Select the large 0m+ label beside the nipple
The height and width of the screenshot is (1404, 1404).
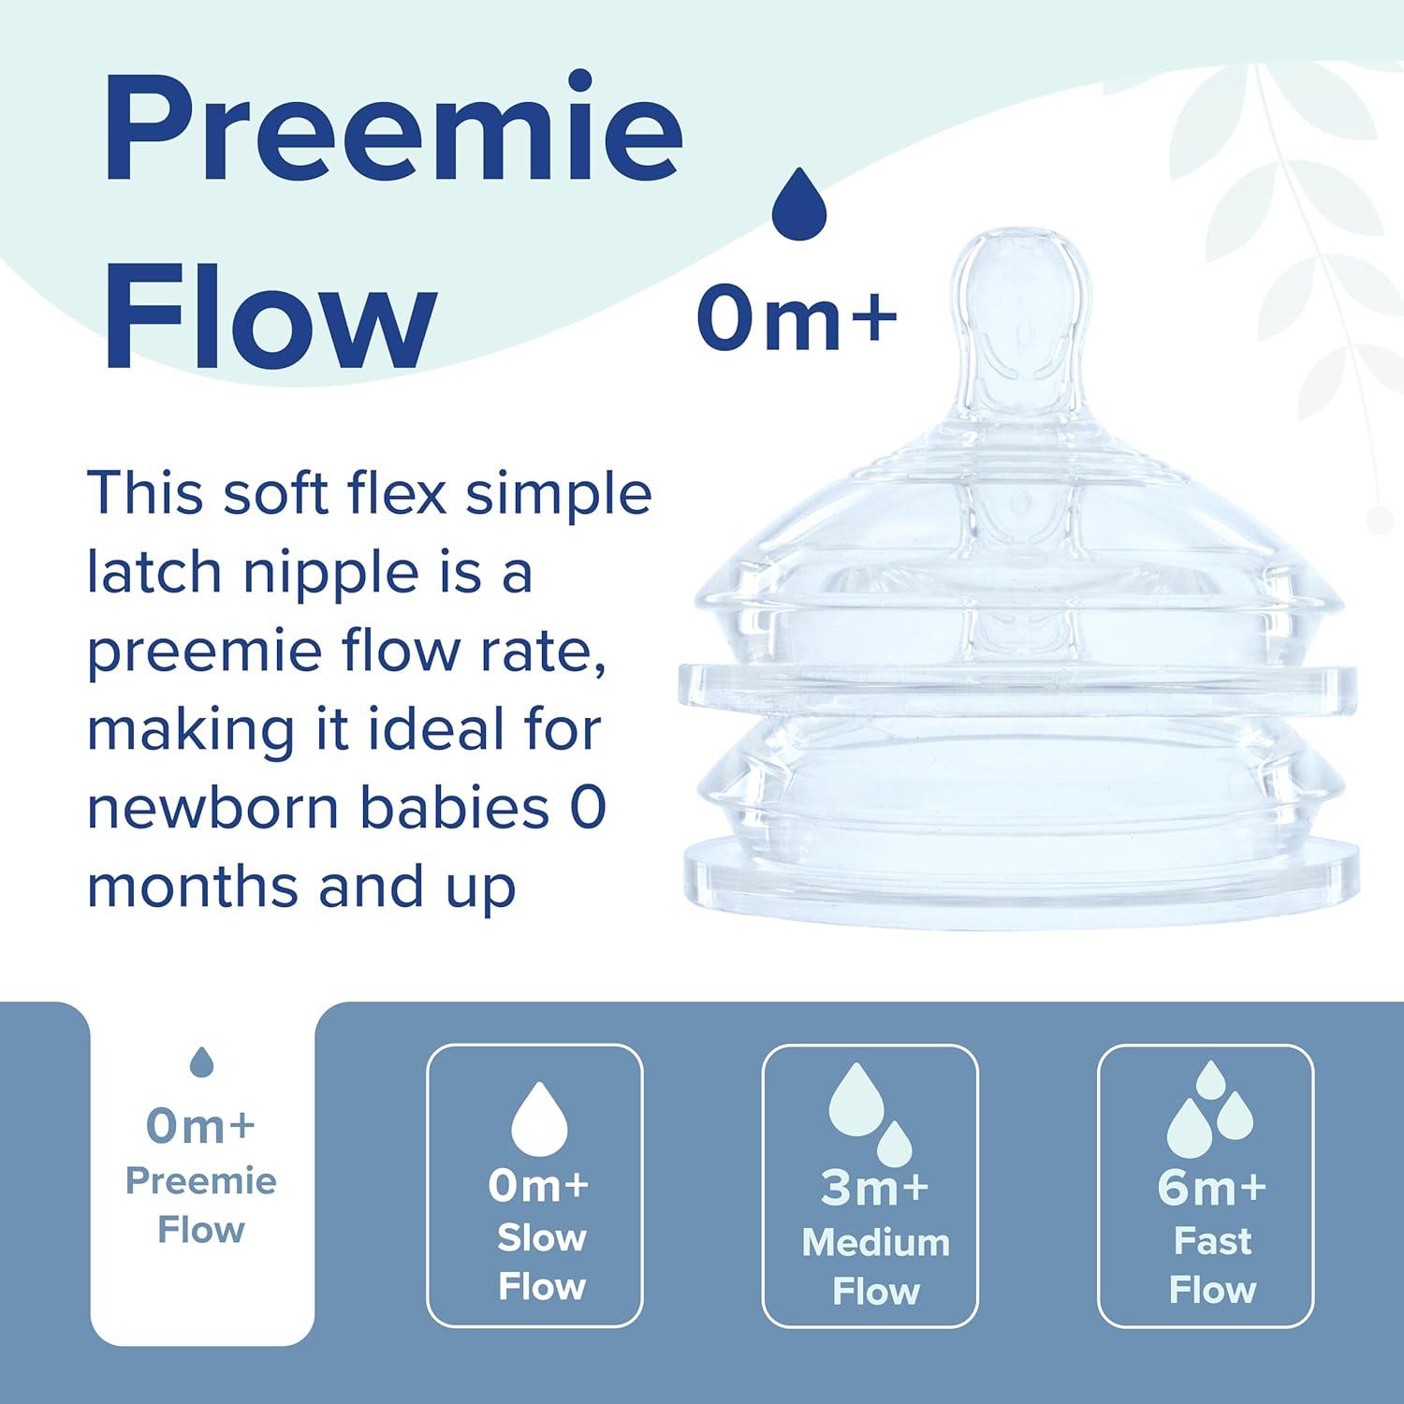797,318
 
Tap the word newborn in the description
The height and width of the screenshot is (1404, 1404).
214,808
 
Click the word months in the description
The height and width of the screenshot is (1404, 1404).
192,887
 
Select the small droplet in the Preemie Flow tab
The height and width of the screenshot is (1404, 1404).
201,1061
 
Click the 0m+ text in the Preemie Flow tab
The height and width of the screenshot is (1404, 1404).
200,1126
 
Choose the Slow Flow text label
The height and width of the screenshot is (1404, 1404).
541,1262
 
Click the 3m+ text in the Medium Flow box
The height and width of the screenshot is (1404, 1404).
874,1188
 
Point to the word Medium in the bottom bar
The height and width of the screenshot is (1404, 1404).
875,1242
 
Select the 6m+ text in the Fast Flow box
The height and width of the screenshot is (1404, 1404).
1211,1188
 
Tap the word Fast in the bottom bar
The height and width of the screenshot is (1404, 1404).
1212,1241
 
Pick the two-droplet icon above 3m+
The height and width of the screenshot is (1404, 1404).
870,1114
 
